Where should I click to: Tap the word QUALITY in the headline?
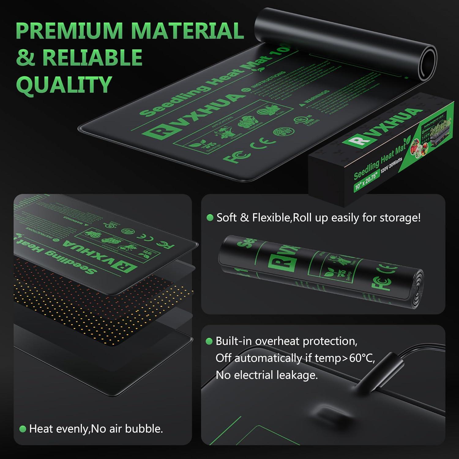pos(64,84)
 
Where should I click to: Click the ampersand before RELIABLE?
pos(26,57)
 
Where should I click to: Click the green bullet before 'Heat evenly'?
pos(22,429)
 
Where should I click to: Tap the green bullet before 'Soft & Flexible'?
pos(210,218)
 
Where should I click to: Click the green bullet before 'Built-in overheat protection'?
pos(209,341)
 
